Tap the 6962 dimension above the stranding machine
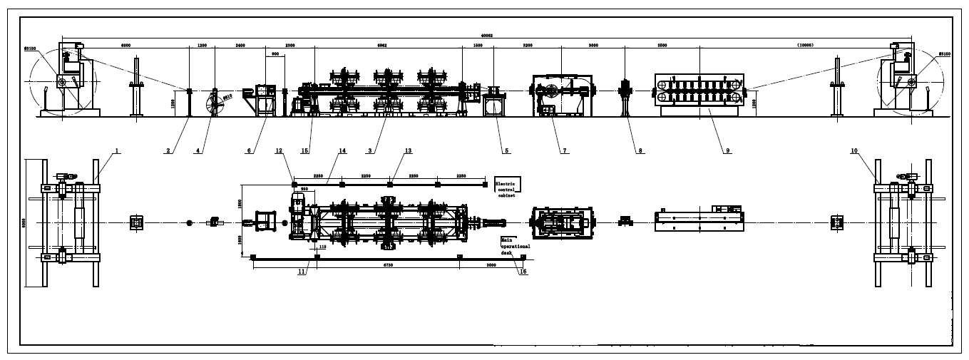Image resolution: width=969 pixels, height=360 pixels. (381, 45)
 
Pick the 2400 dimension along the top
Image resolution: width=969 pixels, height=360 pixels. (240, 45)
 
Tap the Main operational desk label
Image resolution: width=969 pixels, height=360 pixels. (515, 246)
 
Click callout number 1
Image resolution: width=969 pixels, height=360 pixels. (117, 150)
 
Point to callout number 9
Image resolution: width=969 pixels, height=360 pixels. (727, 150)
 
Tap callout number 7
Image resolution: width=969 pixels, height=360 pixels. (564, 150)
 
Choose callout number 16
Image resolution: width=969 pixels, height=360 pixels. (523, 271)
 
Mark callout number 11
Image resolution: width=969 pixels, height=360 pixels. (302, 272)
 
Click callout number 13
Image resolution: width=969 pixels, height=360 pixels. (409, 150)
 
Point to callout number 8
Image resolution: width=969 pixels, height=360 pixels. (640, 150)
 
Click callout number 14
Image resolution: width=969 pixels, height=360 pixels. (342, 150)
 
